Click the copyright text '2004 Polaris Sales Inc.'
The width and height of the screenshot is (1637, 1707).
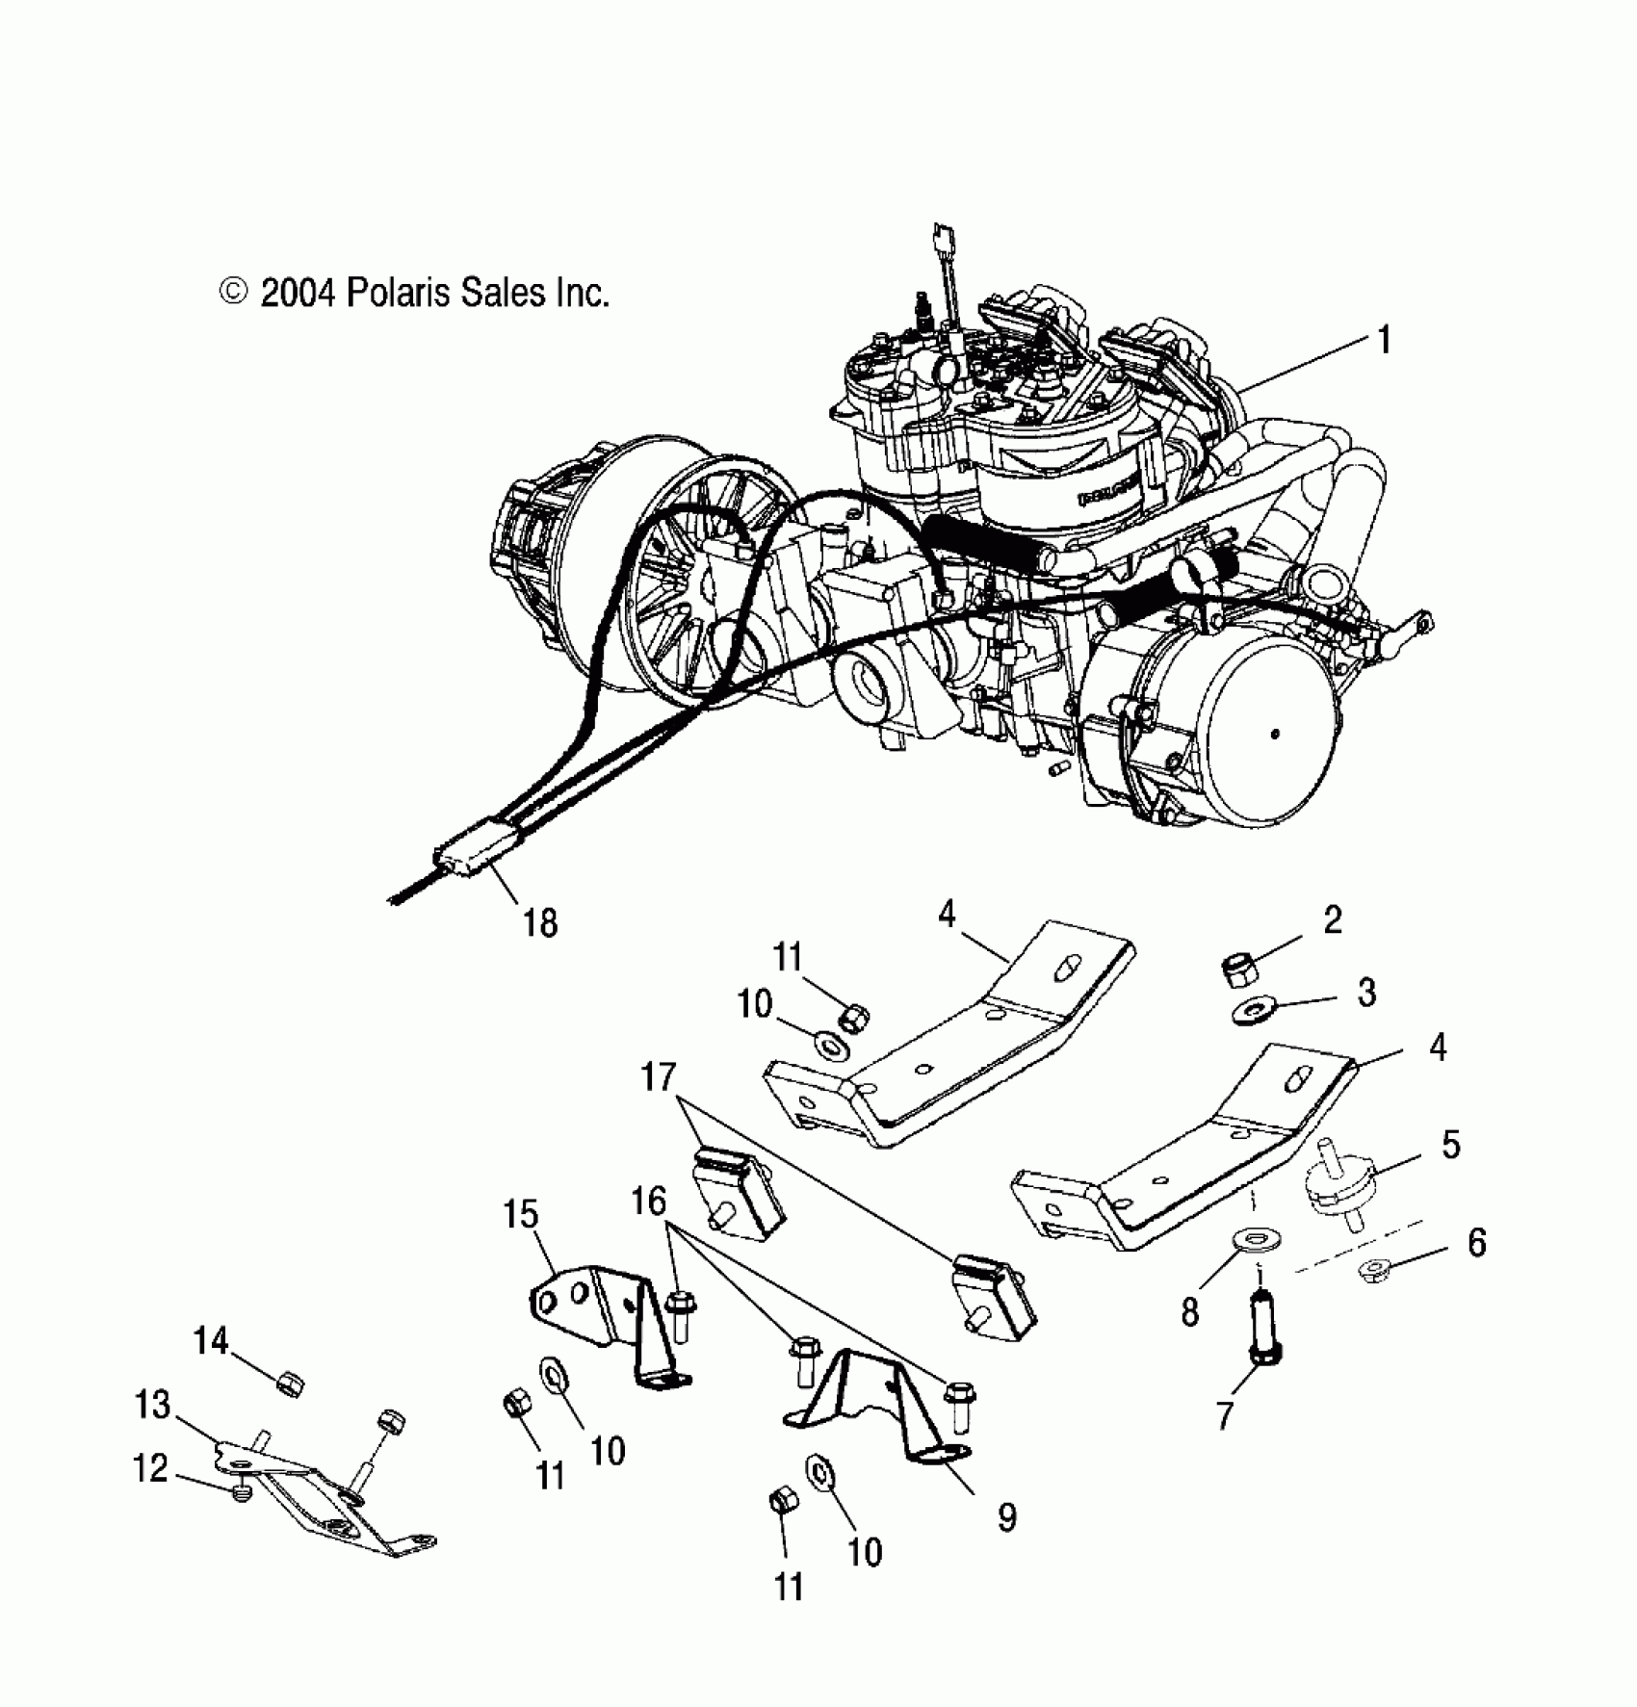(x=416, y=293)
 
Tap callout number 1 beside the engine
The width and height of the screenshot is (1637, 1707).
(x=1384, y=341)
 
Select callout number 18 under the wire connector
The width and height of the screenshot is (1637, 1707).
(x=539, y=922)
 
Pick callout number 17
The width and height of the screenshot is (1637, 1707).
(x=660, y=1077)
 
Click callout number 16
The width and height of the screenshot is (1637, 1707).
(x=649, y=1201)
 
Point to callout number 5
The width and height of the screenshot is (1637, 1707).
(x=1450, y=1145)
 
